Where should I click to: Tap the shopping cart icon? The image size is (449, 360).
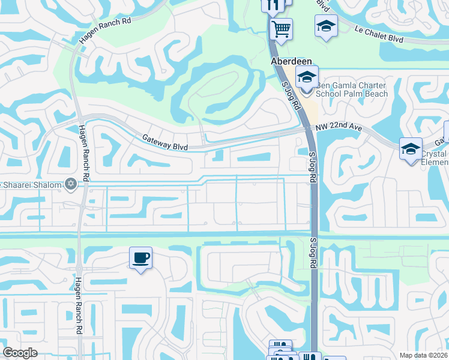tap(281, 28)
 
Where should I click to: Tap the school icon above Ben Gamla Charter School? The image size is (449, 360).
tap(306, 77)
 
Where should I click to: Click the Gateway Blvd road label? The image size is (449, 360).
tap(165, 142)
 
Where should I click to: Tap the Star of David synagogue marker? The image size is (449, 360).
tap(71, 184)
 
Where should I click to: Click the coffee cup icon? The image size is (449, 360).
tap(140, 258)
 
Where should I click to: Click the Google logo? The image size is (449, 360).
tap(20, 353)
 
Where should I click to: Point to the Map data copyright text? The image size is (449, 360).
tap(424, 355)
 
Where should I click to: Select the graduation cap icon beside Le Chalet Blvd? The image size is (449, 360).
tap(326, 26)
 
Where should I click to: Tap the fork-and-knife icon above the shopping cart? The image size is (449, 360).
tap(272, 5)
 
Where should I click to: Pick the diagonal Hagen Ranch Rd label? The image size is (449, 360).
tap(104, 29)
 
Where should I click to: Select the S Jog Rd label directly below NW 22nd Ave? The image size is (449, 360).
tap(312, 163)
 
